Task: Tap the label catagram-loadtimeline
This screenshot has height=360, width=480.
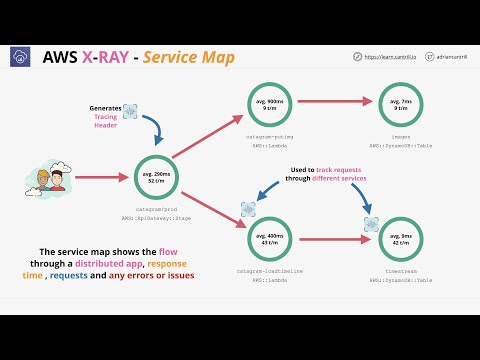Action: [x=271, y=271]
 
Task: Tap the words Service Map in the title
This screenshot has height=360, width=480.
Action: [x=189, y=57]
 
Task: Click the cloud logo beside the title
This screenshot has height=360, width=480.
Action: [x=20, y=58]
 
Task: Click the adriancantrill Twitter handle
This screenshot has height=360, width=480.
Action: [x=449, y=58]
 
